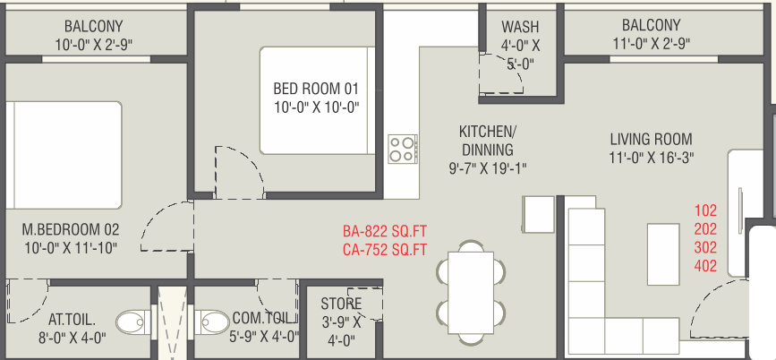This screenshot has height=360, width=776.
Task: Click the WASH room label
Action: coord(520,26)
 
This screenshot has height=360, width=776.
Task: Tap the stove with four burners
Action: coord(403,149)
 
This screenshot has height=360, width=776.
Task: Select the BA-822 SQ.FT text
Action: coord(385,231)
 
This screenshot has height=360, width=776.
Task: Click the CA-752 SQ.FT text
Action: coord(385,250)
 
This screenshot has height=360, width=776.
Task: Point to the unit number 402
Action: coord(705,266)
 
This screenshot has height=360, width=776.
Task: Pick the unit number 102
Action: coord(705,210)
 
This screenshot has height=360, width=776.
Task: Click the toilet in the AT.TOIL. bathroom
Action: coord(132,322)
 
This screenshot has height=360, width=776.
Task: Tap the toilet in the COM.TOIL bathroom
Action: coord(212,322)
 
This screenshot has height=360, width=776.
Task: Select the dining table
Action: coord(471,293)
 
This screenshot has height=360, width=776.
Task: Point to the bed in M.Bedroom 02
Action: coord(64,155)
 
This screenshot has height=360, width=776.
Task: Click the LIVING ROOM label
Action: coord(651,139)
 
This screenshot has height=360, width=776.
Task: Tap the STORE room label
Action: coord(341,303)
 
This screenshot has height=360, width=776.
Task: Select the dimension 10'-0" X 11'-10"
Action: coord(72,247)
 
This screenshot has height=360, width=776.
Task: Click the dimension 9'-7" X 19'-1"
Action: coord(488,168)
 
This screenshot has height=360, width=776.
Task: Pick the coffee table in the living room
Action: coord(663,254)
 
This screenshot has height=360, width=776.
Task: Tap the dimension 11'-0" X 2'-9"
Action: coord(652,44)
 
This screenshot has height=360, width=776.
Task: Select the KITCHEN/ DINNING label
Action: coord(488,140)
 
